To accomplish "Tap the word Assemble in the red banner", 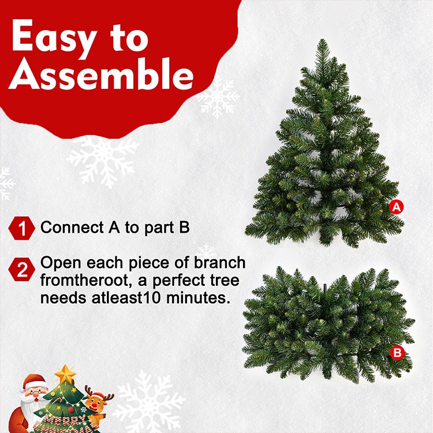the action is coord(102,74).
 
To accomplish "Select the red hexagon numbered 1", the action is coord(22,228).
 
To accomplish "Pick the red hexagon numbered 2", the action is coord(22,269).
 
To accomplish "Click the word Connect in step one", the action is coord(72,227).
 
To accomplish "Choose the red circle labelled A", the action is coord(396,207).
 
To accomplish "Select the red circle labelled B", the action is coord(397,353).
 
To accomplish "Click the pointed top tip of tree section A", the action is coord(322,40).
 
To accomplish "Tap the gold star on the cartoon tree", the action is coord(65,374).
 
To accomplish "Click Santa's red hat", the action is coord(33,381).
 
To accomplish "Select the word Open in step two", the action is coord(61,263).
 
